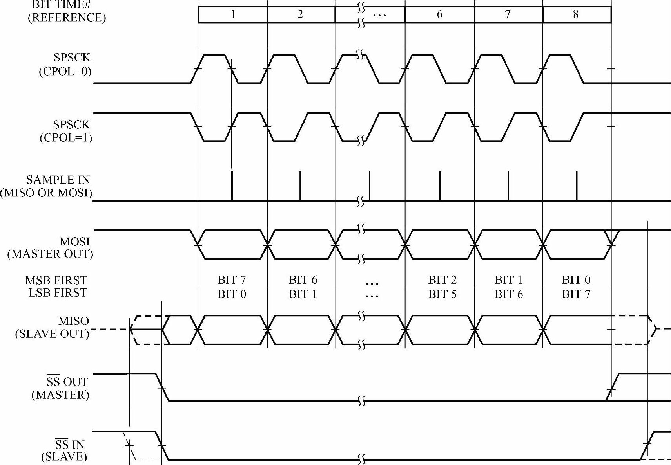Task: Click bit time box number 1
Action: tap(233, 15)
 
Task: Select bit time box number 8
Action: tap(576, 15)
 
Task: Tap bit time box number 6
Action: tap(439, 15)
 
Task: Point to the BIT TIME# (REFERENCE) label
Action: tap(67, 11)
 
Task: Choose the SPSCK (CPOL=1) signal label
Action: tap(66, 131)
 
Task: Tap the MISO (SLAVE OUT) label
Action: tap(53, 327)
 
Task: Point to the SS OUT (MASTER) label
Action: tap(61, 388)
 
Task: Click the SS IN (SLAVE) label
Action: tap(65, 451)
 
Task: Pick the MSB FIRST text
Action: tap(56, 280)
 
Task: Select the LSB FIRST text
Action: tap(58, 293)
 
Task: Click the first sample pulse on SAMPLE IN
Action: tap(232, 186)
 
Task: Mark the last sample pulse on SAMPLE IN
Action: tap(577, 186)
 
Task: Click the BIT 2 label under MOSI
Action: tap(442, 280)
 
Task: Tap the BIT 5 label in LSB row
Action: tap(442, 294)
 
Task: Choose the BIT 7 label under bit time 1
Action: tap(232, 280)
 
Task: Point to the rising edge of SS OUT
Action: tap(613, 387)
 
